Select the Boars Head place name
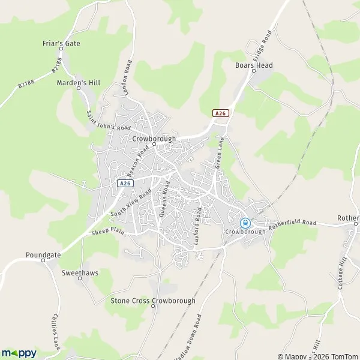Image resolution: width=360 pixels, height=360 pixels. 254,65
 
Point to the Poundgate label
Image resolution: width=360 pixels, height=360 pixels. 43,255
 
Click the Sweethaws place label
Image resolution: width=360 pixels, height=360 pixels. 80,272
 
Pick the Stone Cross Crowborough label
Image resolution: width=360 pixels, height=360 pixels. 153,300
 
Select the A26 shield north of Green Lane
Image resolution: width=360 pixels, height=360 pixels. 221,113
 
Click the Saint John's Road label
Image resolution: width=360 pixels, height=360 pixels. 109,120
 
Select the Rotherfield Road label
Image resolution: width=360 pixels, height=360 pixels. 293,223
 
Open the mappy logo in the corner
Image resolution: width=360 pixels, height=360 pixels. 19,353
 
